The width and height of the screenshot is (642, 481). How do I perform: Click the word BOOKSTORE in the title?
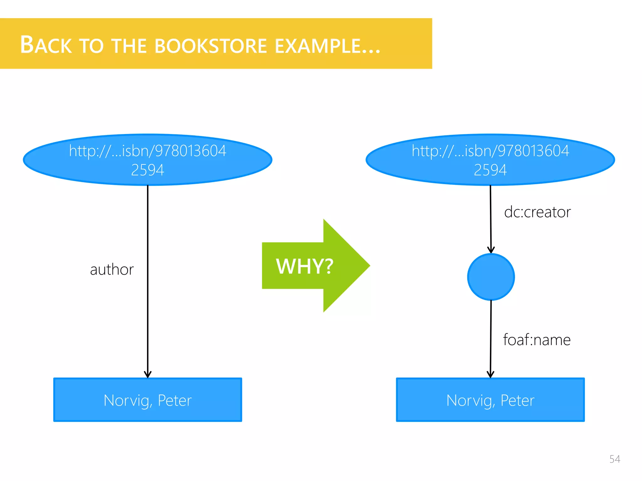[x=211, y=46]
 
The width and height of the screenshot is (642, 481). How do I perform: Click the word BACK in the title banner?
[x=46, y=45]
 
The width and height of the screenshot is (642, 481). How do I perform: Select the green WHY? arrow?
[x=313, y=266]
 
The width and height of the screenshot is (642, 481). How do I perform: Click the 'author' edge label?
[x=112, y=270]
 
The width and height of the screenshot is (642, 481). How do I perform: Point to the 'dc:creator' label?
[x=537, y=212]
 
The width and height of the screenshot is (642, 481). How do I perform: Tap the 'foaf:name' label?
[x=537, y=340]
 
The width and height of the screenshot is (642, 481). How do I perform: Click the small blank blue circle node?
[x=491, y=277]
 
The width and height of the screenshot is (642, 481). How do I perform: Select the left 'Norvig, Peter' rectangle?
[x=148, y=400]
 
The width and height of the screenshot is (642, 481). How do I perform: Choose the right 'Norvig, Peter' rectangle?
[x=490, y=400]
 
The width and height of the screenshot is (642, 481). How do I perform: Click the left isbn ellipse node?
[x=148, y=160]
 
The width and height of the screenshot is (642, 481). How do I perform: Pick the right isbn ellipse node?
[x=490, y=160]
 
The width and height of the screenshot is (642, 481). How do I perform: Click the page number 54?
[x=614, y=459]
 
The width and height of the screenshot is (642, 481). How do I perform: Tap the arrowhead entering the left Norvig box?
[x=148, y=375]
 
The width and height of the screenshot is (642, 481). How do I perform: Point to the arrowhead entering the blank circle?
[x=491, y=250]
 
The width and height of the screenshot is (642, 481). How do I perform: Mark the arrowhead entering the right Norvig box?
[x=491, y=375]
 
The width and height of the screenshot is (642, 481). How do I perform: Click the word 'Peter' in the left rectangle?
[x=175, y=401]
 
